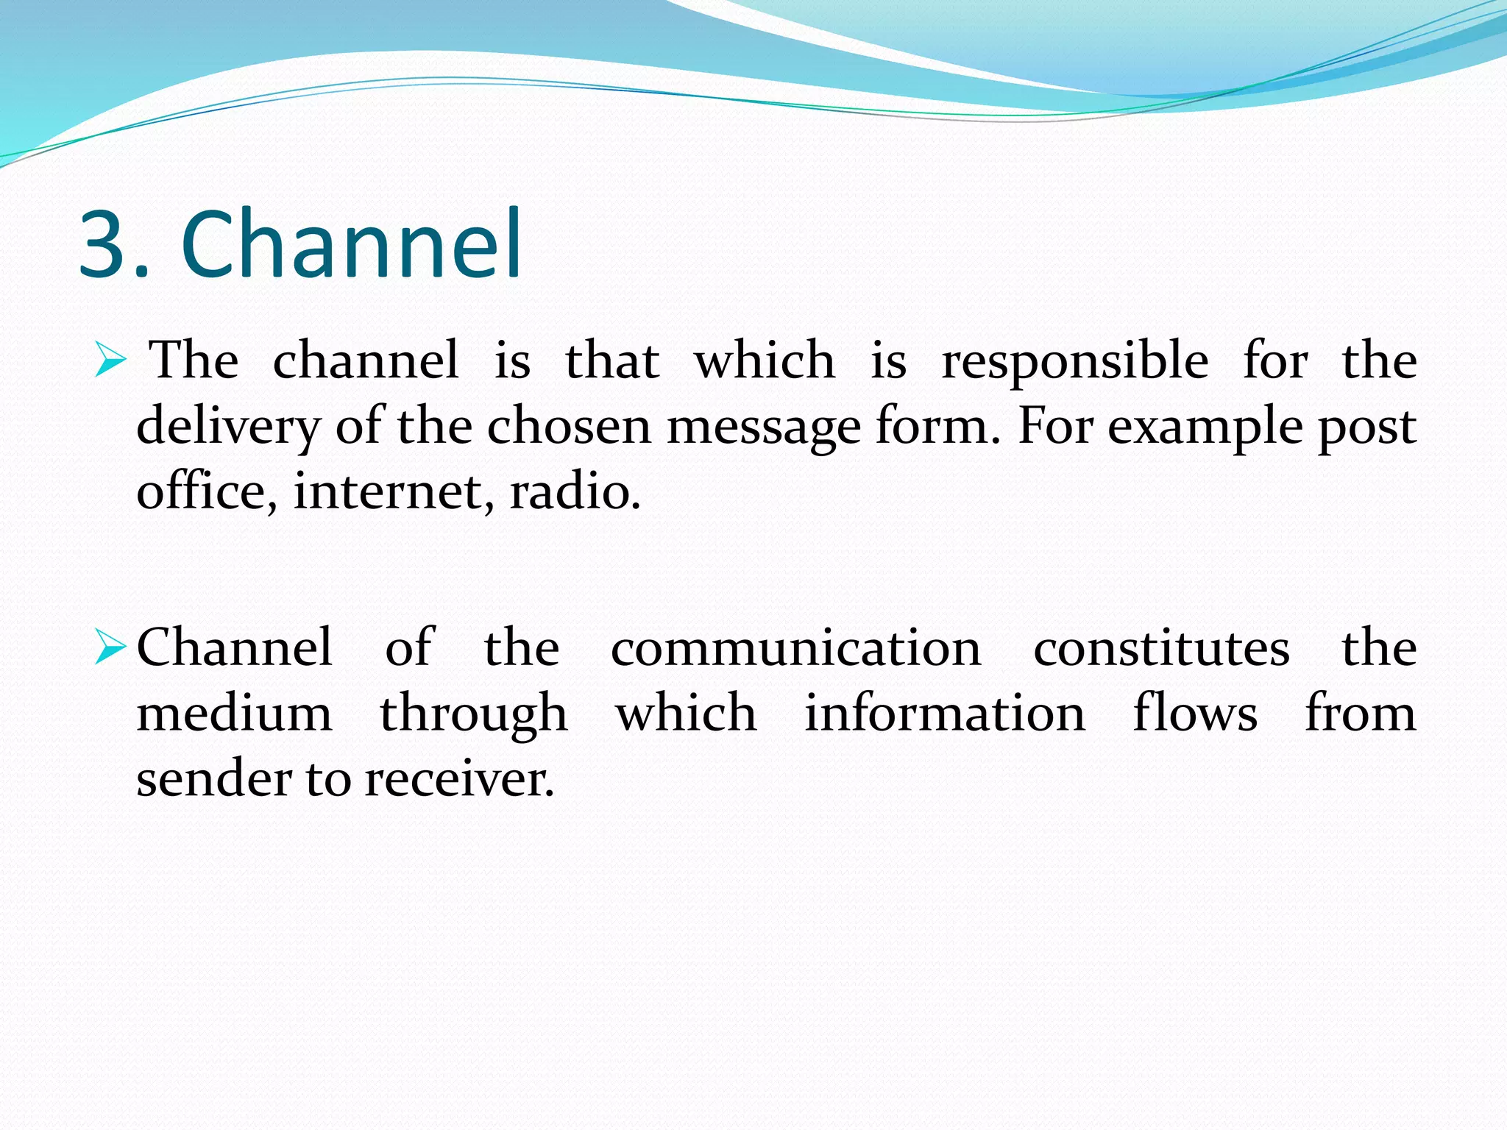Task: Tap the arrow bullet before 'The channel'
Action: [111, 361]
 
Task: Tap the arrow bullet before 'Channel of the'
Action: [111, 649]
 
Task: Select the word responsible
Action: [1075, 361]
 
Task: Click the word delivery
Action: [228, 427]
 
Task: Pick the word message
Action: [763, 427]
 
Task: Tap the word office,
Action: [207, 491]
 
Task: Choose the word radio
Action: [575, 491]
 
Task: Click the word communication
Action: [795, 649]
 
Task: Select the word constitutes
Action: [1161, 649]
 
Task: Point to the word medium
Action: [234, 714]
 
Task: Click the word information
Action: [944, 714]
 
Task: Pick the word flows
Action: [1195, 714]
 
